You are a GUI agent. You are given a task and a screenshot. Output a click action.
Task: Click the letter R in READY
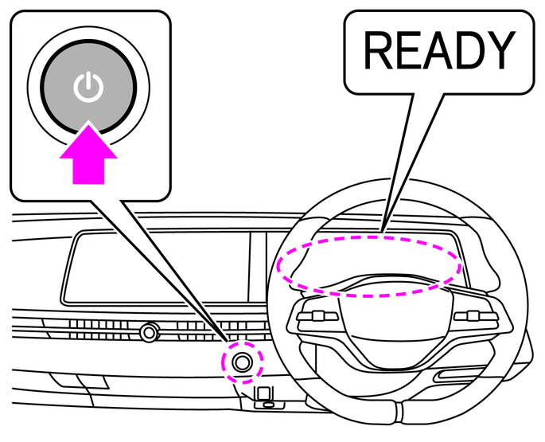tap(378, 52)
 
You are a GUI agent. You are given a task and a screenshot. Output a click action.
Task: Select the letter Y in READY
tap(497, 52)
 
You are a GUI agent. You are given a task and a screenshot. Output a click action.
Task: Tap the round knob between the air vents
tap(148, 331)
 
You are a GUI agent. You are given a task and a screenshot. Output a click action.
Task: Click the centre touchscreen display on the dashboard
tap(155, 267)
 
